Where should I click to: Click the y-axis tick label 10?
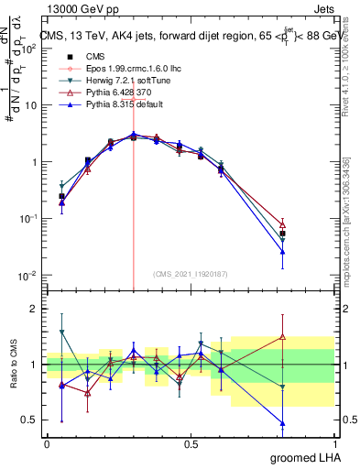[32, 105]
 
